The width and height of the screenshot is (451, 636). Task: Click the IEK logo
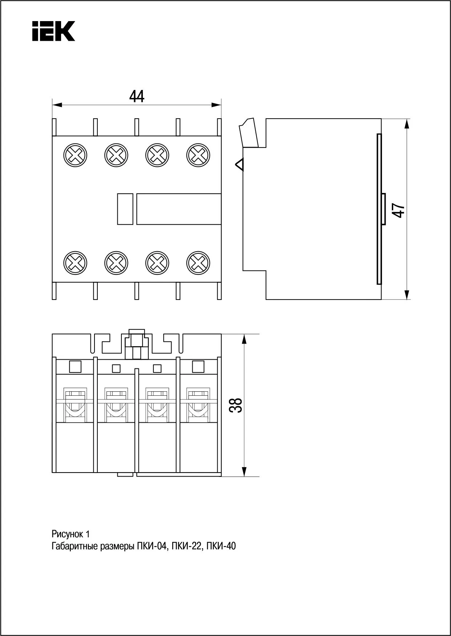pyautogui.click(x=53, y=31)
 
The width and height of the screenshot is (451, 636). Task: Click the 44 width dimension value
pyautogui.click(x=137, y=96)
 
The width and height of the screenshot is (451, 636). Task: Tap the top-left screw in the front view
pyautogui.click(x=75, y=155)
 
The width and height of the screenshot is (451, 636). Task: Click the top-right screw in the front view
pyautogui.click(x=198, y=155)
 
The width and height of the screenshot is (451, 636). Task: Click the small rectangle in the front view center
pyautogui.click(x=125, y=209)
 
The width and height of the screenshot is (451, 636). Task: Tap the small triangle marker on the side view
pyautogui.click(x=240, y=165)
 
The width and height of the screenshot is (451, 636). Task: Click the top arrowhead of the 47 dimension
pyautogui.click(x=407, y=125)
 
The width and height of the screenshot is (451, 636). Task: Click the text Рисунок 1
pyautogui.click(x=71, y=534)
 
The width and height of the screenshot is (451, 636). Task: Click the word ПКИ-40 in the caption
pyautogui.click(x=221, y=546)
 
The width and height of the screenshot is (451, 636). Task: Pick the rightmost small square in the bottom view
pyautogui.click(x=198, y=367)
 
